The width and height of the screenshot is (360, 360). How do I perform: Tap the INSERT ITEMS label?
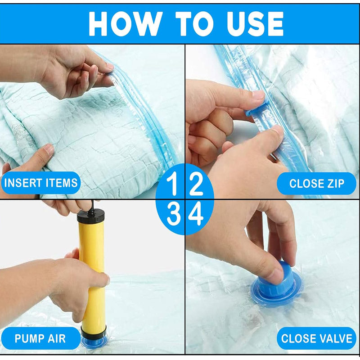tap(41, 183)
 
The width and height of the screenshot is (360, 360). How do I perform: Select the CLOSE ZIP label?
tap(316, 183)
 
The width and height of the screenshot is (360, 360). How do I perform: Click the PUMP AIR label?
tap(40, 338)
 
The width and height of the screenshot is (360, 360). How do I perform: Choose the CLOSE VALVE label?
tap(316, 338)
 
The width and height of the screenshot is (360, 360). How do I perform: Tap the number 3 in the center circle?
tap(173, 216)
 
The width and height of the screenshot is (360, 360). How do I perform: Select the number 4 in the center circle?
tap(196, 216)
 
